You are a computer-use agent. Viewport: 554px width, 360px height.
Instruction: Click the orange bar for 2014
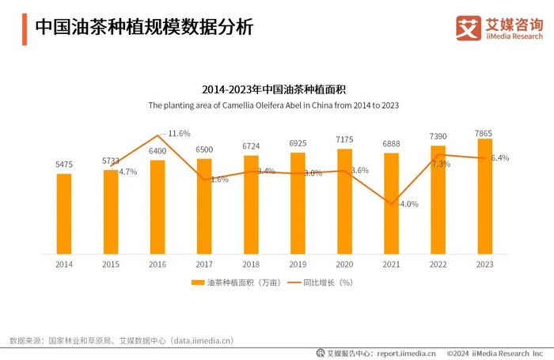click(x=64, y=214)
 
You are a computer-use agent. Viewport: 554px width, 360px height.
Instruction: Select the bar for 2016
click(x=157, y=207)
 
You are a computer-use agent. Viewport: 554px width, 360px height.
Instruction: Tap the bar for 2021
click(x=391, y=203)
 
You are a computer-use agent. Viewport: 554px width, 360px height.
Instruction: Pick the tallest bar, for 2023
click(x=484, y=196)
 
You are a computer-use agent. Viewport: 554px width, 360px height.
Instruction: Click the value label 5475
click(x=64, y=165)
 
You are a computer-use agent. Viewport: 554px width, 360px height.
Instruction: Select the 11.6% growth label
click(x=179, y=133)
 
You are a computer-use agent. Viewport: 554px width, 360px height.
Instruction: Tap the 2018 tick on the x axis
click(x=251, y=264)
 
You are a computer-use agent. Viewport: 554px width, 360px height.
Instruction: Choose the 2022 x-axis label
click(x=438, y=264)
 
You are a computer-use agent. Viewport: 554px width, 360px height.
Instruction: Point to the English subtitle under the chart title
click(x=273, y=104)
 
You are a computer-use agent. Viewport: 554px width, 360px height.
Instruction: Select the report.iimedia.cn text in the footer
click(x=406, y=353)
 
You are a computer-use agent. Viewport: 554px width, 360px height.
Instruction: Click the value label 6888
click(x=391, y=144)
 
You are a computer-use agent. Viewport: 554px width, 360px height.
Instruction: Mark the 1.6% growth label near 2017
click(x=219, y=180)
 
